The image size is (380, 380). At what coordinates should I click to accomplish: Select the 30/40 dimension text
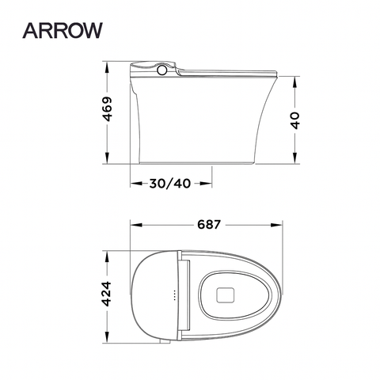pos(170,184)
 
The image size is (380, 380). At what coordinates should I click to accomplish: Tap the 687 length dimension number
pos(207,224)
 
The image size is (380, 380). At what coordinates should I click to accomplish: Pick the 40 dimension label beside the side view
pos(295,121)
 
